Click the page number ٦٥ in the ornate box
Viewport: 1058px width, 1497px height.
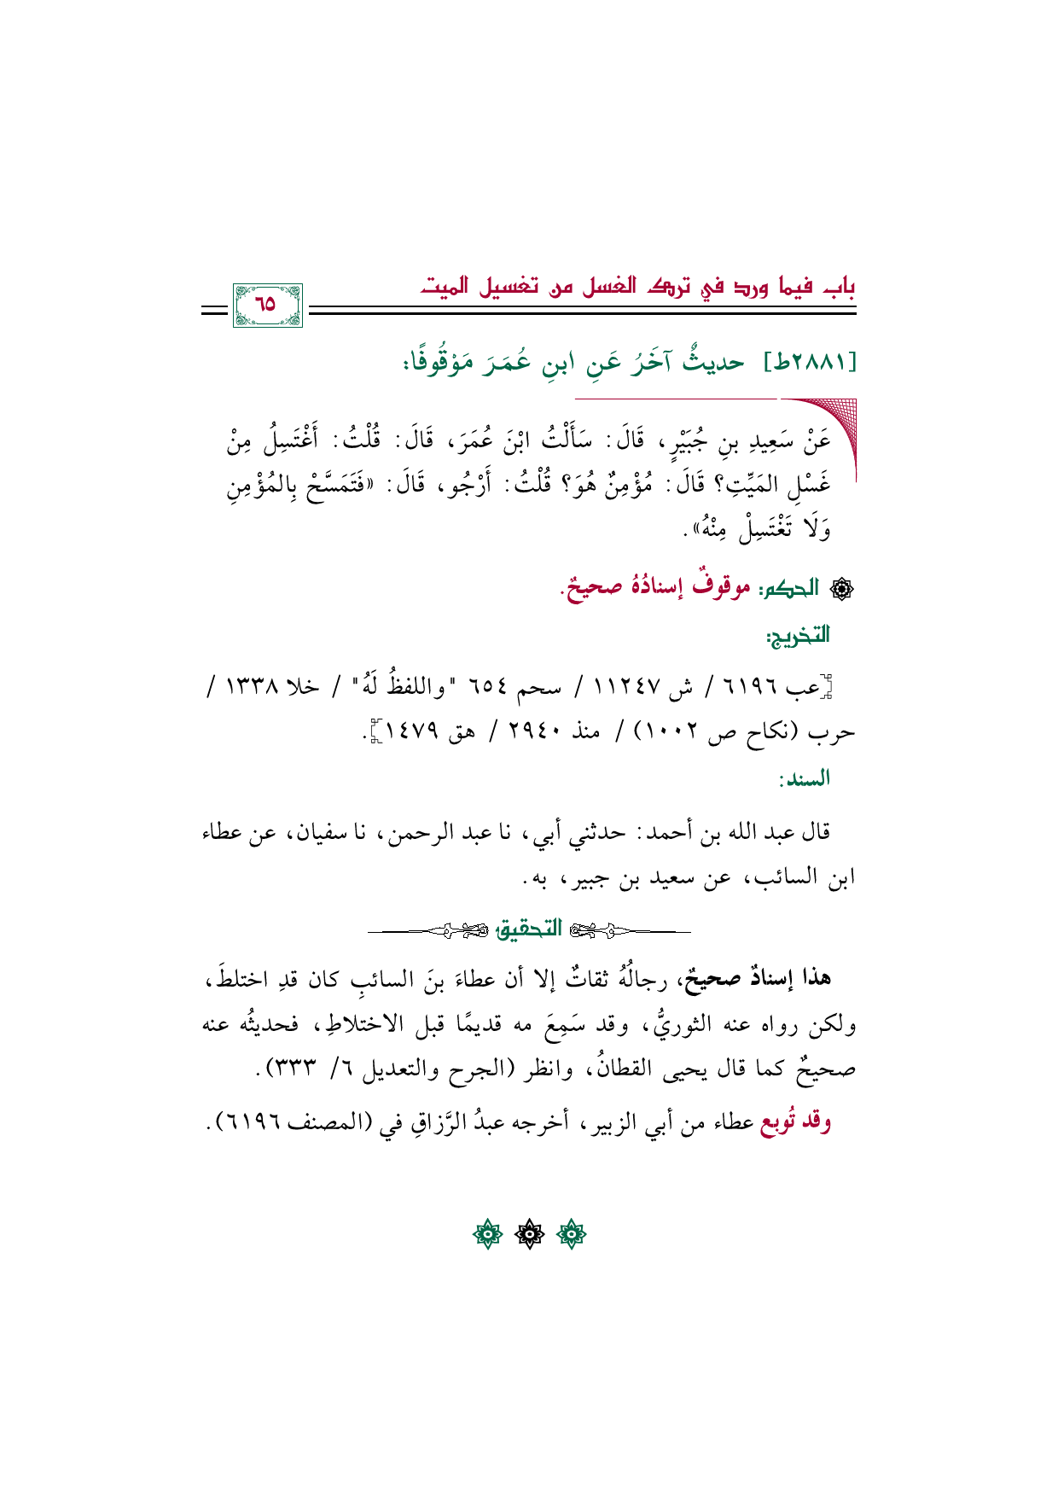[266, 304]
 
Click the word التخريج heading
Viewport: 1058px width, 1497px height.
[797, 635]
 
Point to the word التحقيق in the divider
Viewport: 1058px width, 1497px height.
[528, 929]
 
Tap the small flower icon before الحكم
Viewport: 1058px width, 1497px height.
[838, 589]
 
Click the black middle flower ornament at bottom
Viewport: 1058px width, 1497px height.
[529, 1234]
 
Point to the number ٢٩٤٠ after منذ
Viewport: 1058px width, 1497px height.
[533, 731]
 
